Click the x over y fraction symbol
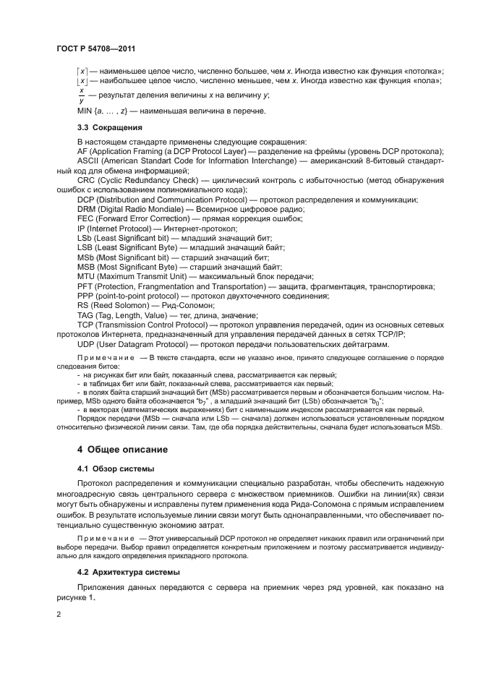81,96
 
